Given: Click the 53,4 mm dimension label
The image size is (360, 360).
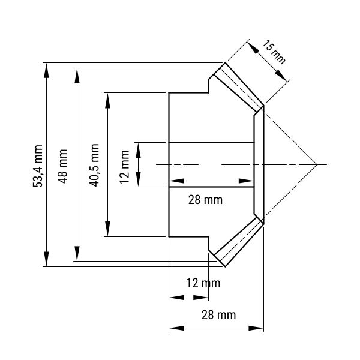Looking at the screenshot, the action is [x=38, y=166].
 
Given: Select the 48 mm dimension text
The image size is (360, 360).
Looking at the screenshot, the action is [x=62, y=166].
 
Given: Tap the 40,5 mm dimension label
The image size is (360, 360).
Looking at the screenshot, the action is [x=94, y=165].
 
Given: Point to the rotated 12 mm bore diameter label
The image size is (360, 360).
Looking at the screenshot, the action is [x=124, y=167].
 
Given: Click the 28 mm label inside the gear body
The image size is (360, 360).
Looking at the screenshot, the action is [x=205, y=200].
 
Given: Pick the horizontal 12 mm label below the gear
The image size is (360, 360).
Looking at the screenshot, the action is [x=203, y=283].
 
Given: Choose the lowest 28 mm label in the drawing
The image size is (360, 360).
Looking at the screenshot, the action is [x=219, y=314].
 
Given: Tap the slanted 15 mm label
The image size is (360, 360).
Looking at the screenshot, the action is [x=274, y=52].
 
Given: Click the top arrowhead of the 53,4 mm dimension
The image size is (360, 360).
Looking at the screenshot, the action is [x=47, y=70].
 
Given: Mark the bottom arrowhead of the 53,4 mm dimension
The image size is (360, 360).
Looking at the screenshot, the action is [x=47, y=259].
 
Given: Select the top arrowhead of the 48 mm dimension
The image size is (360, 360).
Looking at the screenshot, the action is [x=77, y=76].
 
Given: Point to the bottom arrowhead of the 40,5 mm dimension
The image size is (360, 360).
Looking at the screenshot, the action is [x=107, y=229].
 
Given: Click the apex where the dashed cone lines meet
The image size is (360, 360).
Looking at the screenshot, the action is [x=317, y=164].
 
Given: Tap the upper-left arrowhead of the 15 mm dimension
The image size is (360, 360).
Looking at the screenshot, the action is [x=253, y=48].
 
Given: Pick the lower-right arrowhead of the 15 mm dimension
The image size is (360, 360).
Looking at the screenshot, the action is [x=281, y=76].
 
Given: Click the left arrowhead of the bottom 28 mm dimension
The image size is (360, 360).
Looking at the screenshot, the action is [x=177, y=328].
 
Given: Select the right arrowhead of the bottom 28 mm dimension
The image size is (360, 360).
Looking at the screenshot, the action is [x=256, y=328].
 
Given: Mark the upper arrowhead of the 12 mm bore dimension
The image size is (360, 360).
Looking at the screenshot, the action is [x=138, y=150].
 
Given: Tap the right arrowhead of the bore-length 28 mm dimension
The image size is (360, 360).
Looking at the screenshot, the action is [x=246, y=181].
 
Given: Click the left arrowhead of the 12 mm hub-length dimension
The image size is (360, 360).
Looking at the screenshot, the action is [x=177, y=298].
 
